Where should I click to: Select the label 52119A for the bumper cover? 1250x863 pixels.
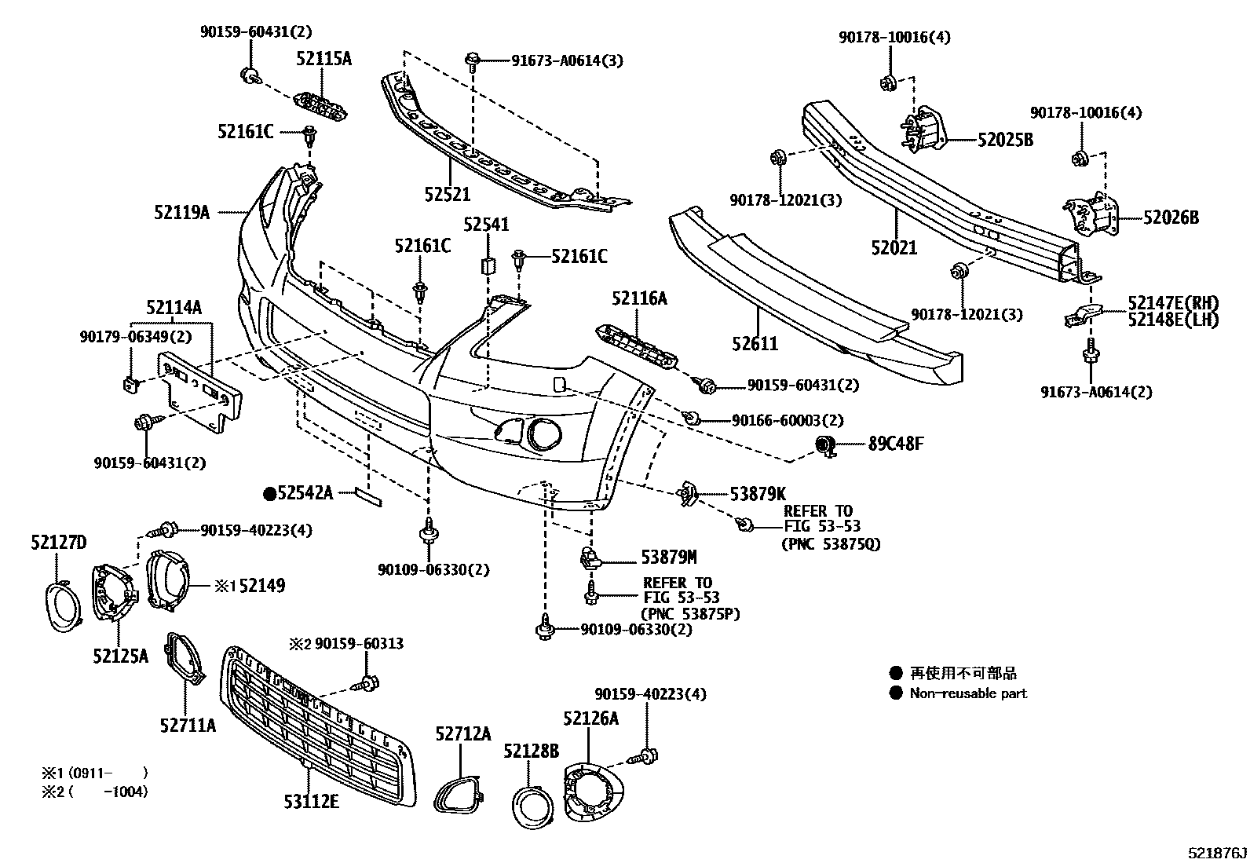(181, 212)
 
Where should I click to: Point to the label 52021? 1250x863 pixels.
(894, 248)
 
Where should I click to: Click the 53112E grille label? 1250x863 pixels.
(311, 801)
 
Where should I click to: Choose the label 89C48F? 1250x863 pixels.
(895, 444)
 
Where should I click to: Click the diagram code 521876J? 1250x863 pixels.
(1216, 852)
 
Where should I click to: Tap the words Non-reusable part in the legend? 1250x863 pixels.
(967, 693)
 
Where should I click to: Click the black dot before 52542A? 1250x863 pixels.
(269, 493)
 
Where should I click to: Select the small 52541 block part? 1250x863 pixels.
(487, 264)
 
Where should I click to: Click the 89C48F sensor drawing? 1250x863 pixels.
(825, 445)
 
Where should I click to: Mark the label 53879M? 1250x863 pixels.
(668, 558)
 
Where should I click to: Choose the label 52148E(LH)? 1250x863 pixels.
(1173, 320)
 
